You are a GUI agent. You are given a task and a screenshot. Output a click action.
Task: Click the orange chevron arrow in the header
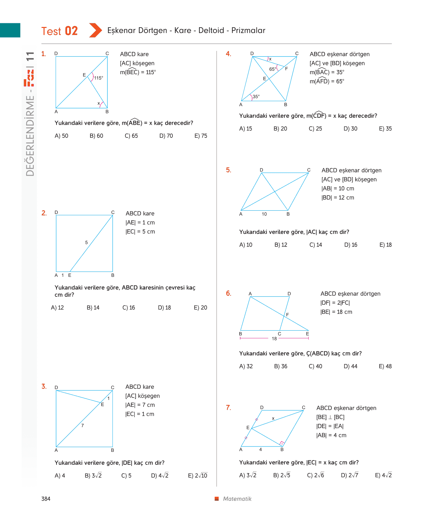[x=95, y=30]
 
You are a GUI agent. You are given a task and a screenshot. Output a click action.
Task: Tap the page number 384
[x=46, y=499]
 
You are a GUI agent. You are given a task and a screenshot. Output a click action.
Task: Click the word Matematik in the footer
[x=237, y=499]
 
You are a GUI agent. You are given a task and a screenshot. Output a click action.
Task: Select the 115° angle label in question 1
[x=98, y=78]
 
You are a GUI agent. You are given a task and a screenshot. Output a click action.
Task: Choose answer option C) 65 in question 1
[x=131, y=136]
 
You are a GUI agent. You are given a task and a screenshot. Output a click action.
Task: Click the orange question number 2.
[x=44, y=213]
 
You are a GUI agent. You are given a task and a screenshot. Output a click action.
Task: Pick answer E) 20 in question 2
[x=200, y=307]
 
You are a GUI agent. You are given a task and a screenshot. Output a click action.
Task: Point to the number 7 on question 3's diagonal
[x=82, y=425]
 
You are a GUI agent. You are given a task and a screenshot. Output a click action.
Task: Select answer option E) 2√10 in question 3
[x=197, y=475]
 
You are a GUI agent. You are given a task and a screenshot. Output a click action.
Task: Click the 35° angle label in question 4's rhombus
[x=256, y=96]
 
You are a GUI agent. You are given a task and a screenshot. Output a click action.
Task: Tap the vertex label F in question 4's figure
[x=286, y=69]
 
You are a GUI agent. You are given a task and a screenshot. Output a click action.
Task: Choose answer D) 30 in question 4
[x=350, y=128]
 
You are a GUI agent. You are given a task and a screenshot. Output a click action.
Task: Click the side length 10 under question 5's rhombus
[x=264, y=214]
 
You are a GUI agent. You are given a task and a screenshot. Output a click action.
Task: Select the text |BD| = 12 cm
[x=338, y=198]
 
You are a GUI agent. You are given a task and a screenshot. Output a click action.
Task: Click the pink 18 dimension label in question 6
[x=274, y=339]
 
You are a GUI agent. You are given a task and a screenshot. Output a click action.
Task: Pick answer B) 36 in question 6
[x=280, y=366]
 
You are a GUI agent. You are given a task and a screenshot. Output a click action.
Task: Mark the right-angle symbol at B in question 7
[x=282, y=443]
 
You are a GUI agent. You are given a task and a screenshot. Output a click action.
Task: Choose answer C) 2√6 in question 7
[x=315, y=475]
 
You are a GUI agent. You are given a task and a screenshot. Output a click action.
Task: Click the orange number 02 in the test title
[x=71, y=31]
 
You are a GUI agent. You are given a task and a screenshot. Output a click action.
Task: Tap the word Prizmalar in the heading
[x=248, y=30]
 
